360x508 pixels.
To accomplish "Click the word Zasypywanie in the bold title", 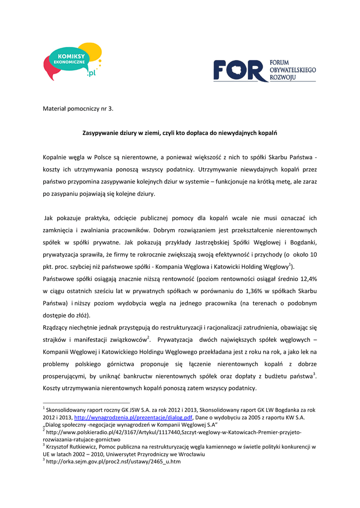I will (102, 133).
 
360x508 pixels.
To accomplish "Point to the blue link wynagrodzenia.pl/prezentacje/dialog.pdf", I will (133, 418).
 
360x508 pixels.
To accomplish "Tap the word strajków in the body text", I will (55, 340).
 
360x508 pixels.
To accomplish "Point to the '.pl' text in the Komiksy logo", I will (91, 73).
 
